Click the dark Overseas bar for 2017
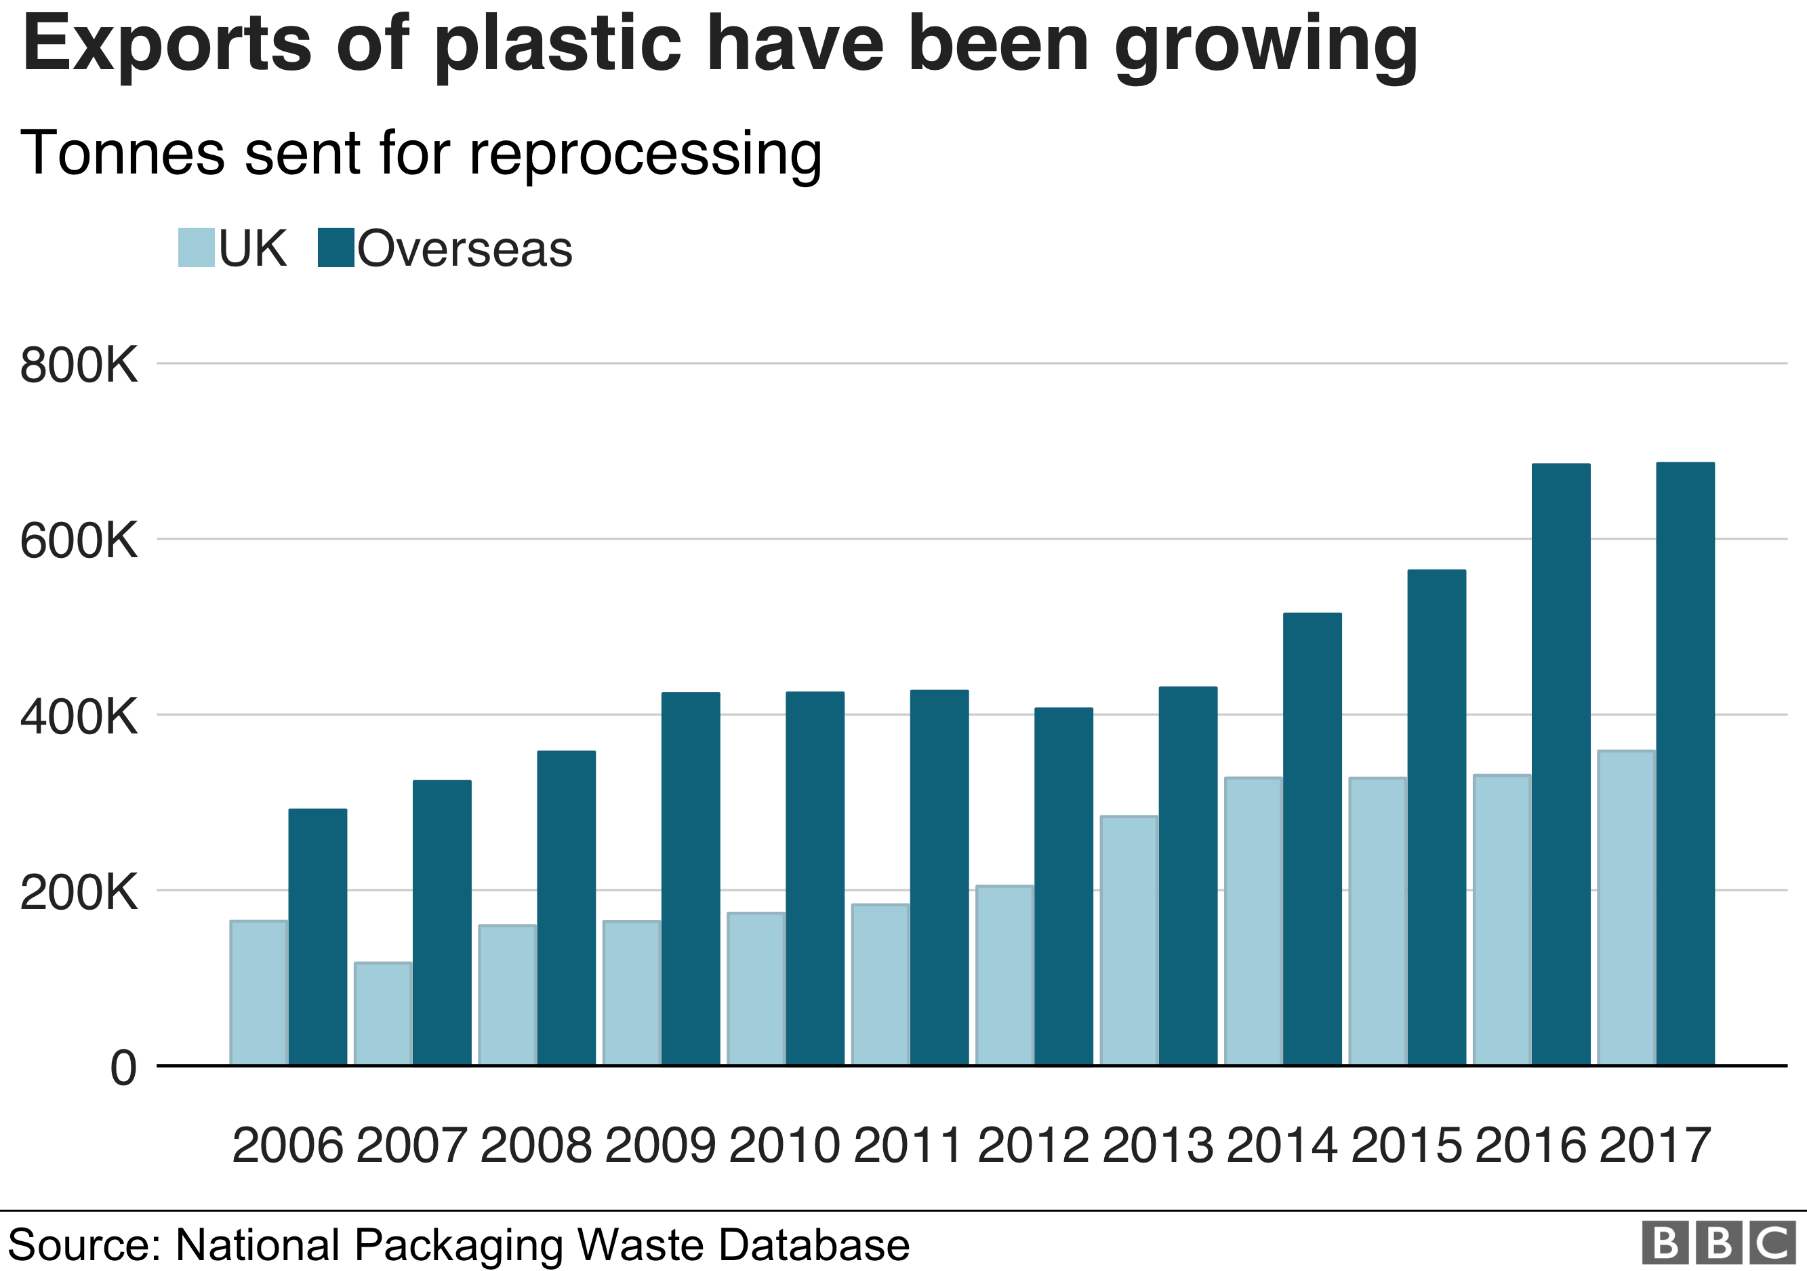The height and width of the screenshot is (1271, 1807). [1685, 763]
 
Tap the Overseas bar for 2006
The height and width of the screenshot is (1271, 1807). [317, 937]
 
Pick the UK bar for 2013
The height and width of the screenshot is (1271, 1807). [1129, 940]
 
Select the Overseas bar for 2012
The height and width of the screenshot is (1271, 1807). [1063, 886]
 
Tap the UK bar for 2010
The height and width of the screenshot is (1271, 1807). [756, 988]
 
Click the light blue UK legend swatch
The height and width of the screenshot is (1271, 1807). [196, 248]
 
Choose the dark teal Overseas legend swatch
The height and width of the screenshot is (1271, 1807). [336, 248]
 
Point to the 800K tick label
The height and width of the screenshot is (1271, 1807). [79, 366]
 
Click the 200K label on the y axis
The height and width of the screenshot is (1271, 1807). [79, 893]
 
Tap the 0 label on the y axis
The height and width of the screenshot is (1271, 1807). [123, 1069]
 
